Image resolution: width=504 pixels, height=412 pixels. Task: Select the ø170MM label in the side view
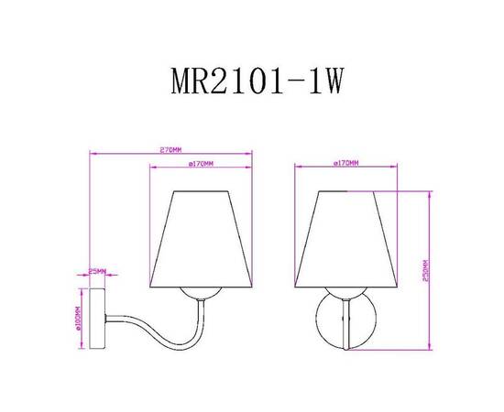200,164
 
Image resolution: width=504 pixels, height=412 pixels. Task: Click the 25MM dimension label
97,271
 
